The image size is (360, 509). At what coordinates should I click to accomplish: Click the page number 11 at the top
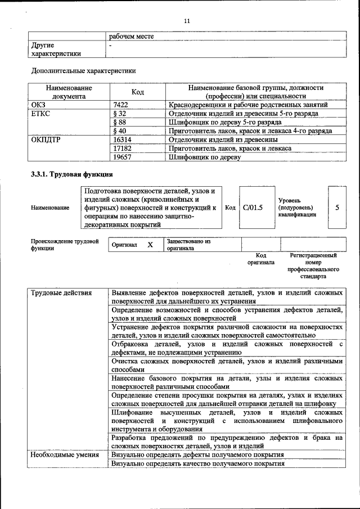pos(187,21)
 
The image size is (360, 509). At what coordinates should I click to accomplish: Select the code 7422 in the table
pos(121,105)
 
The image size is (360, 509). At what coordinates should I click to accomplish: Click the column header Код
pos(138,92)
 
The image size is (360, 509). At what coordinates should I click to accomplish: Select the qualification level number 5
pos(337,208)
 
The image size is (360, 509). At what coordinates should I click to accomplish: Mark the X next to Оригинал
pos(150,245)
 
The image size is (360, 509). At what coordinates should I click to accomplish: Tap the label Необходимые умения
pos(64,454)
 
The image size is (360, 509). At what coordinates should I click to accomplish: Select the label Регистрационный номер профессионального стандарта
pos(313,266)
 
